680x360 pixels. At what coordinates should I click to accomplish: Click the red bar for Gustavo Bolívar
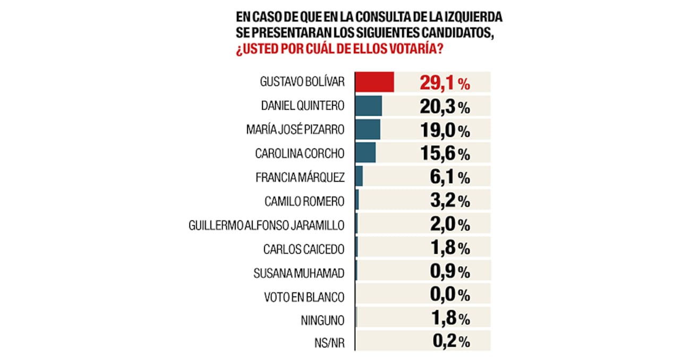(374, 82)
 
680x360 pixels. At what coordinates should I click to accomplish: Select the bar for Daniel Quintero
(368, 106)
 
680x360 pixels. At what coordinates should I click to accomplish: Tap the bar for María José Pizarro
(367, 130)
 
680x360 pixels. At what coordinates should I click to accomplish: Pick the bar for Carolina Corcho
(365, 153)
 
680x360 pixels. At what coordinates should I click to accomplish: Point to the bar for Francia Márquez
(359, 177)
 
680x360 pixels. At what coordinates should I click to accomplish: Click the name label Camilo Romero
(304, 202)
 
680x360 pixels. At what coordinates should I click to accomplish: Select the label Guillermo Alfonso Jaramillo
(266, 225)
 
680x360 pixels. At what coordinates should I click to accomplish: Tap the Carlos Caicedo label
(304, 248)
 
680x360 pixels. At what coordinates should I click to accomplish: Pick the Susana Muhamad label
(300, 273)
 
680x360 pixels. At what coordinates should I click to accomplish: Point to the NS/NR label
(330, 343)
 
